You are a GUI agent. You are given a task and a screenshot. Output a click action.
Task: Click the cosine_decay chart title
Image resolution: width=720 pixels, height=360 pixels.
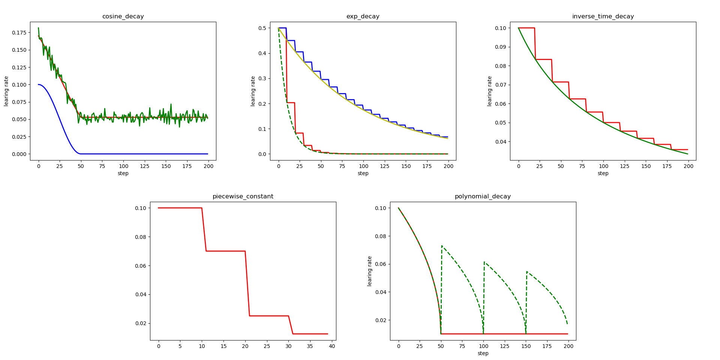click(123, 16)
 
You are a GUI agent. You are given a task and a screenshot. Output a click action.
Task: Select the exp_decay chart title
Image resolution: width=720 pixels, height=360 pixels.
click(363, 16)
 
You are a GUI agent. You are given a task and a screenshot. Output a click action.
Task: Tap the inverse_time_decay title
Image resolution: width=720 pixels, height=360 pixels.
click(603, 16)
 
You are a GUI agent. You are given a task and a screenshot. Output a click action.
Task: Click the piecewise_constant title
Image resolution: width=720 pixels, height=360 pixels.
click(243, 196)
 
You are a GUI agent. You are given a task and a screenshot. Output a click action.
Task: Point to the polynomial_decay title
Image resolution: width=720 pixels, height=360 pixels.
click(483, 196)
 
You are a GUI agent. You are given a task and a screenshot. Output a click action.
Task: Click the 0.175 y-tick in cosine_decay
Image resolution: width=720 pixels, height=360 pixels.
click(19, 33)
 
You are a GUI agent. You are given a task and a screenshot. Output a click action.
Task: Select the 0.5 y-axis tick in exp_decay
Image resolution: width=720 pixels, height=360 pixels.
click(262, 28)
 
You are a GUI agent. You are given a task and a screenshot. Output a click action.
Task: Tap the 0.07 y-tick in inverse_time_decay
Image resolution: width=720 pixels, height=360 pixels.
click(500, 85)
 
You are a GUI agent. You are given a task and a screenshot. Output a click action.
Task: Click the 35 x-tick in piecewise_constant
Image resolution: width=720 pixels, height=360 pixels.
click(310, 346)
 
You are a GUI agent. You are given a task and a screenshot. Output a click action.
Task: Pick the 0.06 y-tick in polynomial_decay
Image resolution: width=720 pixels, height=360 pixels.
click(380, 264)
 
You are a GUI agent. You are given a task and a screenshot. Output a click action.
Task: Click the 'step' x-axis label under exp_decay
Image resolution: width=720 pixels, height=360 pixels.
click(363, 173)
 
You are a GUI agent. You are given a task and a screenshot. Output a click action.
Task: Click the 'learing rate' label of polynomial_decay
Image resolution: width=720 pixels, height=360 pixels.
click(370, 271)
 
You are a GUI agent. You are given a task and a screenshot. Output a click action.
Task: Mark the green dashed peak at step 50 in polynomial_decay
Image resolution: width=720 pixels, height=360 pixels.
click(442, 246)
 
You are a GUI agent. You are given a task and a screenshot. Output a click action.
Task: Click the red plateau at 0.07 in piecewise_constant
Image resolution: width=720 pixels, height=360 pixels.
click(225, 251)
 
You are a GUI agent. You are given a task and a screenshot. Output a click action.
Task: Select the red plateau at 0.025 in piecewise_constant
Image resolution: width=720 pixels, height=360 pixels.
click(268, 316)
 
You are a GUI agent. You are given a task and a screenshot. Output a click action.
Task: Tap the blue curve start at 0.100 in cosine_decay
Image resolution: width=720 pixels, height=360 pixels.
click(39, 84)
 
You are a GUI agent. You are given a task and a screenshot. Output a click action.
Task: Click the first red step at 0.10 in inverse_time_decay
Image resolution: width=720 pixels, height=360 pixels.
click(526, 28)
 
